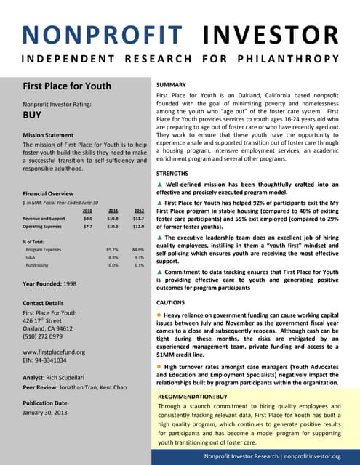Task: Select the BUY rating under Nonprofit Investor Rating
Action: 31,115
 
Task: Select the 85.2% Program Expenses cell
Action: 112,249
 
